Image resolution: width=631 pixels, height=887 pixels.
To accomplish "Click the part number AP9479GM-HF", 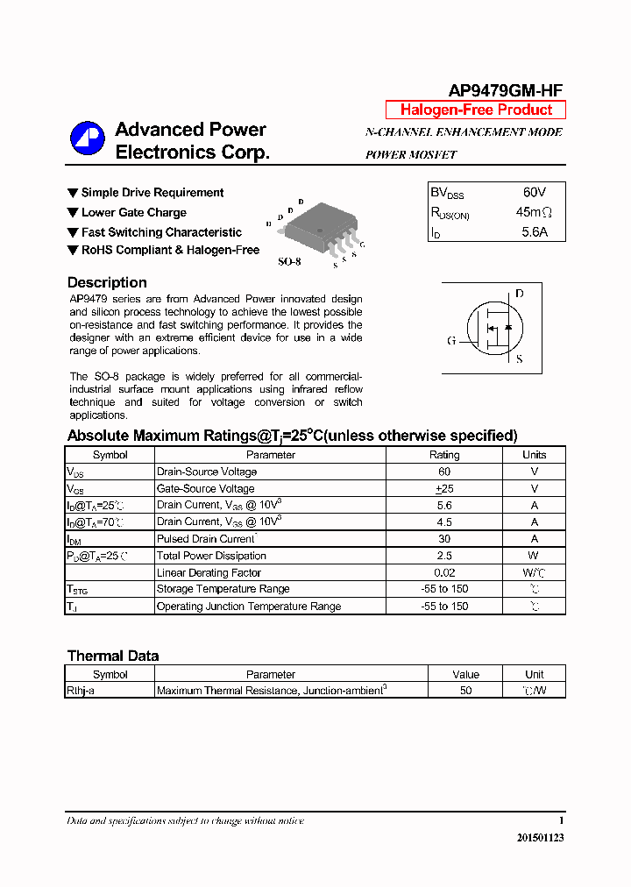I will (x=506, y=90).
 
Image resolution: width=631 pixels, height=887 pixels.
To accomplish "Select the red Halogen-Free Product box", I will (x=476, y=110).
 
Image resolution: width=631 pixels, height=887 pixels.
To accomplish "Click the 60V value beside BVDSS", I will (x=535, y=192).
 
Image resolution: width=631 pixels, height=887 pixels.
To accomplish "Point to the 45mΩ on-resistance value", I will (x=534, y=212).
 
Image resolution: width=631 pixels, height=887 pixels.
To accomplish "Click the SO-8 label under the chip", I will (x=290, y=261).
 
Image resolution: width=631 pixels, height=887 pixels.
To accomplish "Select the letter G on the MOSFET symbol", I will (x=451, y=341).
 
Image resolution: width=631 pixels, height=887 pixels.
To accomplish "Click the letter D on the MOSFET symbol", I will (x=519, y=294).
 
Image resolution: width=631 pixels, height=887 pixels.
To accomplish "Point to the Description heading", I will (x=107, y=282).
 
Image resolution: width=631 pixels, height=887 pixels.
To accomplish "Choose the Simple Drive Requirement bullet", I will (x=152, y=193).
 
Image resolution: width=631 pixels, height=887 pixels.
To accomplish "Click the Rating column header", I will (x=444, y=455).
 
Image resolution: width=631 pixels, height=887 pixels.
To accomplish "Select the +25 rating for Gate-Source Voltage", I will (x=444, y=488).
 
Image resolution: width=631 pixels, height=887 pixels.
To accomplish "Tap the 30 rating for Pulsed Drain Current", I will (x=444, y=539).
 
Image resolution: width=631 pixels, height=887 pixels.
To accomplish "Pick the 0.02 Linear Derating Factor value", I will (x=444, y=572).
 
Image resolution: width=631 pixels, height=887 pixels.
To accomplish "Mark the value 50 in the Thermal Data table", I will (x=465, y=691).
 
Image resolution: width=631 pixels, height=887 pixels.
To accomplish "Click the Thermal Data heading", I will (x=113, y=656).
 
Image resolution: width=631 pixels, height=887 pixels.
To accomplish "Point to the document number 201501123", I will (x=540, y=838).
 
